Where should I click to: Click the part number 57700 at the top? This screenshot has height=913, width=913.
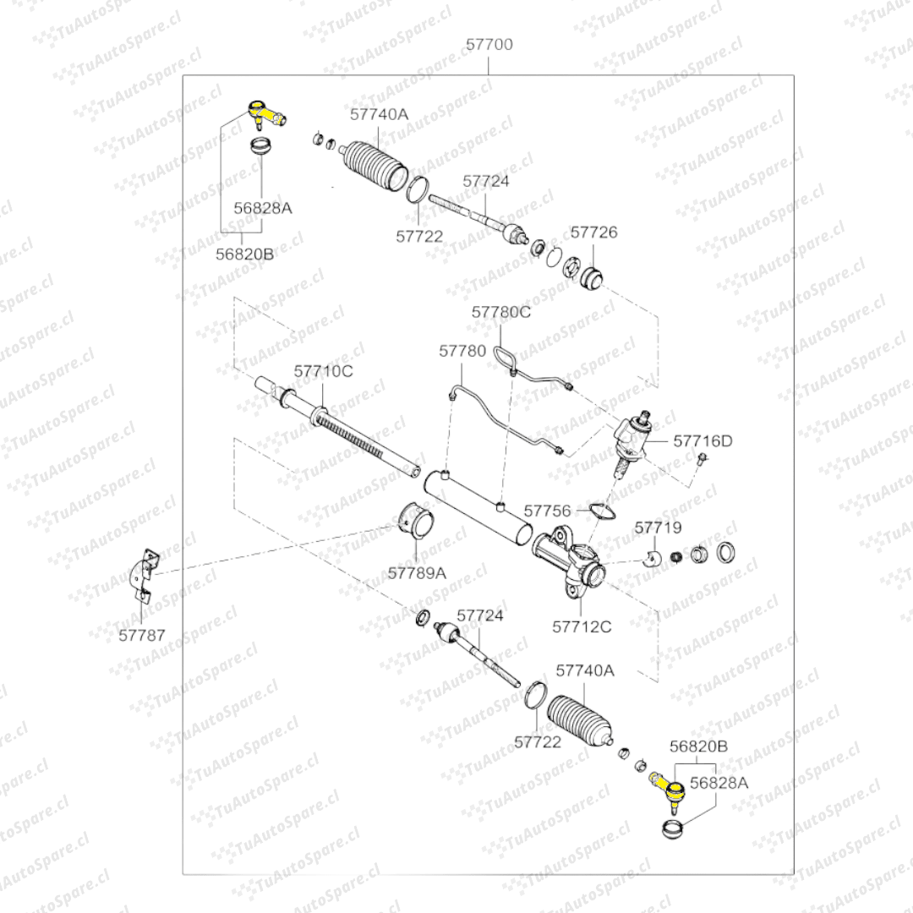click(489, 44)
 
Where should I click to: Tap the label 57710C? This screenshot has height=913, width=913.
click(323, 371)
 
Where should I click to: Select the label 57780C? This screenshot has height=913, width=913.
click(501, 312)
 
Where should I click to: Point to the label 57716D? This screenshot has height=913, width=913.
click(703, 440)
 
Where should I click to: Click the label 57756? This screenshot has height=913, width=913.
click(548, 511)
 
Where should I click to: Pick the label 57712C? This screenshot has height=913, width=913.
click(582, 626)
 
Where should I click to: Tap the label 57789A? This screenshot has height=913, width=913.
click(417, 572)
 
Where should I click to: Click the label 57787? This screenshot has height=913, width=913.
click(142, 635)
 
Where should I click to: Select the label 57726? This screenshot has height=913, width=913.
click(593, 232)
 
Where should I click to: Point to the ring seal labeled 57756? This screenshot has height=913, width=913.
click(599, 511)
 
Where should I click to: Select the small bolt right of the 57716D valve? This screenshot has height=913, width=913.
click(702, 461)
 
